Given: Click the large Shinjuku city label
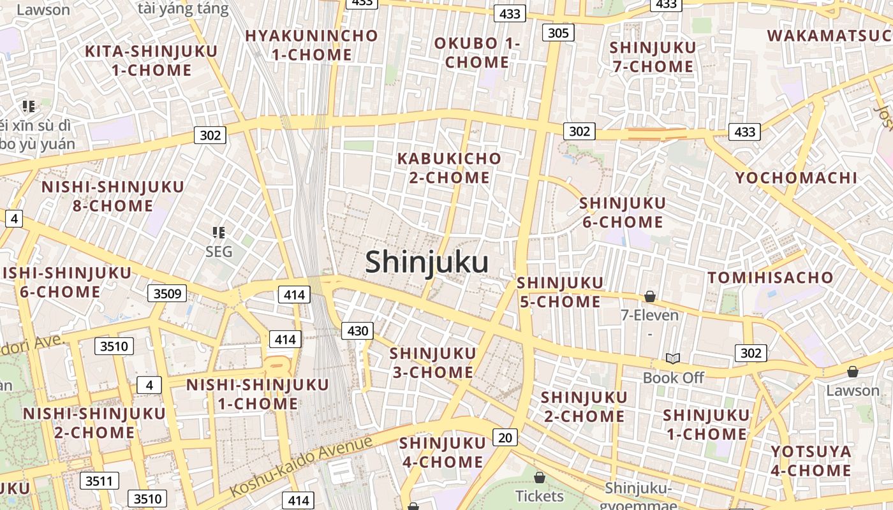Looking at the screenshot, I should pos(427,262).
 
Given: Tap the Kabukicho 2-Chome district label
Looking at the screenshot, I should pos(449,168).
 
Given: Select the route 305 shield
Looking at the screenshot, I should pos(558,33).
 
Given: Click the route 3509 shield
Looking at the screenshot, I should pos(168,294).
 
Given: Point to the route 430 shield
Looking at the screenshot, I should pos(358,330).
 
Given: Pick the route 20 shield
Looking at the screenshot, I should pos(505,437).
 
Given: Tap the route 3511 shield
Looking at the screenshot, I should pos(99,481).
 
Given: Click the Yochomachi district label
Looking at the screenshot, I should pos(796,178).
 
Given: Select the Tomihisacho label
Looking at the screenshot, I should pos(771,277).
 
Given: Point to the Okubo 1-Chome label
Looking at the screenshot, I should pos(477,53).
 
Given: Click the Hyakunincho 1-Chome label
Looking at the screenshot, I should pos(311,45).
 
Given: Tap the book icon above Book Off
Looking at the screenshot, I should pos(672,358).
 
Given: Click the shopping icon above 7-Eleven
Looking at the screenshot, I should pos(649,296).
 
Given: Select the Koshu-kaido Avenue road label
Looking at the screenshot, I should pos(300,467).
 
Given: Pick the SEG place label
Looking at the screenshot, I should pos(219,252).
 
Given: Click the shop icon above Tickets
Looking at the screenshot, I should pos(539,477).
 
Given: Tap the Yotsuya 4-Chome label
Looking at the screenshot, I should pos(810,461).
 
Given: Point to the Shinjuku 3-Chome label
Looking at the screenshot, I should pos(432,362).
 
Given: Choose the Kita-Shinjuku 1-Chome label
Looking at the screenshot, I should pos(151,61).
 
